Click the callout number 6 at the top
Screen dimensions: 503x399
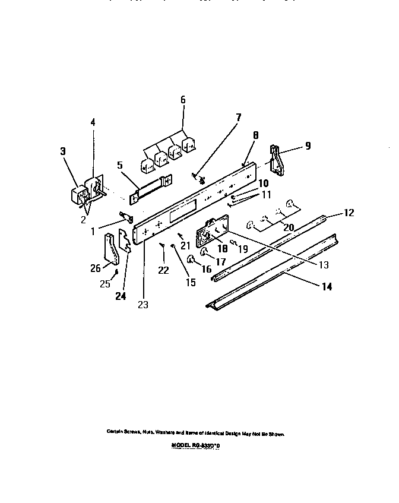pos(183,100)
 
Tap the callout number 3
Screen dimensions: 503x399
pos(63,151)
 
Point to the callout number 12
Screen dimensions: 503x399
pos(349,213)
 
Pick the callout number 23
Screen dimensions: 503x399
pos(142,305)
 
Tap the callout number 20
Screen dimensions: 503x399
pos(289,227)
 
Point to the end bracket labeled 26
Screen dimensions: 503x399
pos(111,248)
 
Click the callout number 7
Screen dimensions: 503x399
pos(238,117)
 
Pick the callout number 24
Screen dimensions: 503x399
pos(121,296)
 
